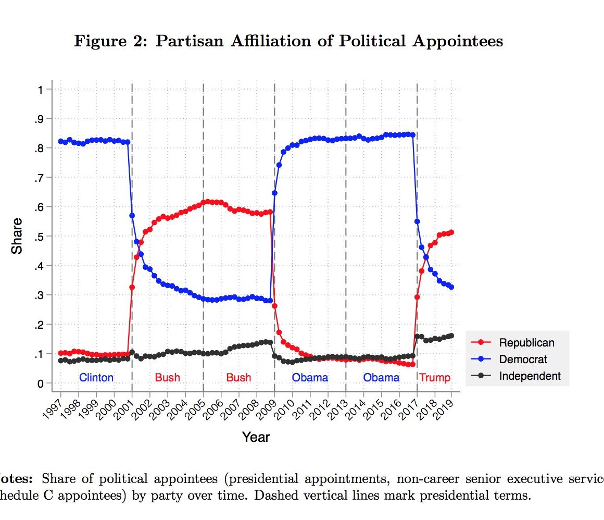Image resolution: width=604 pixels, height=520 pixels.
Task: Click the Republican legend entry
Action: [526, 342]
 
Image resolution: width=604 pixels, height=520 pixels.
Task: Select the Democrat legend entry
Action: [523, 359]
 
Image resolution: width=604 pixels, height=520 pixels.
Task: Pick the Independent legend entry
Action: [530, 376]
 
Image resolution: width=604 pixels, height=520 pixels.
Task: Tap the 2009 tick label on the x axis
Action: [267, 406]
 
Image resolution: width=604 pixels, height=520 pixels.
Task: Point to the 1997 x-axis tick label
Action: [53, 406]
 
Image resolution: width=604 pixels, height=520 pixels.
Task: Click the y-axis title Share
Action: [17, 236]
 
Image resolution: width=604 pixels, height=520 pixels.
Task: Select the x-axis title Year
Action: [256, 437]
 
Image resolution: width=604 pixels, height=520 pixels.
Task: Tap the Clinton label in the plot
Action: [96, 377]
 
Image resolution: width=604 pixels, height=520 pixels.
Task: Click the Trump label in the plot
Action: [435, 377]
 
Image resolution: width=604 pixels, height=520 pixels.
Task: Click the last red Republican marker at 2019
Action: [451, 232]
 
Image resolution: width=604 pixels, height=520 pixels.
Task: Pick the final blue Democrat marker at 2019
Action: [451, 287]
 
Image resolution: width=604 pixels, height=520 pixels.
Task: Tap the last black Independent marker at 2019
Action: [451, 336]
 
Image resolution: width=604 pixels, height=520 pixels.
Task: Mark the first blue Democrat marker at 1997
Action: [61, 141]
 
